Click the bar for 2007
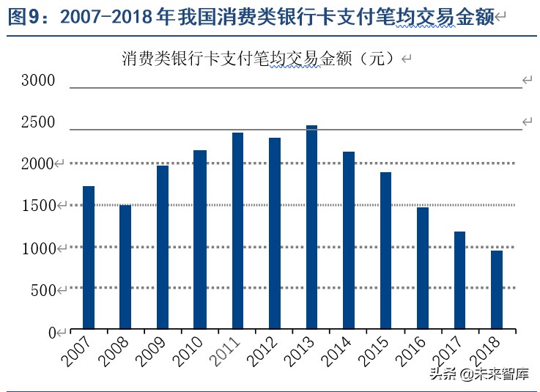pyautogui.click(x=89, y=257)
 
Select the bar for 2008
pyautogui.click(x=125, y=267)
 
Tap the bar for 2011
pyautogui.click(x=237, y=230)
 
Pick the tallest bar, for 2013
pyautogui.click(x=311, y=226)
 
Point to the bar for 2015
pyautogui.click(x=385, y=250)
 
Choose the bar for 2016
pyautogui.click(x=423, y=267)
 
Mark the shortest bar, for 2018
pyautogui.click(x=497, y=289)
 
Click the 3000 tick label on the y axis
pyautogui.click(x=37, y=81)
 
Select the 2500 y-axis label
pyautogui.click(x=37, y=122)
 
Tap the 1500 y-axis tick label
pyautogui.click(x=37, y=207)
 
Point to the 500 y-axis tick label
pyautogui.click(x=44, y=291)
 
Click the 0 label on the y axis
pyautogui.click(x=52, y=333)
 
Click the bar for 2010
pyautogui.click(x=200, y=239)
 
